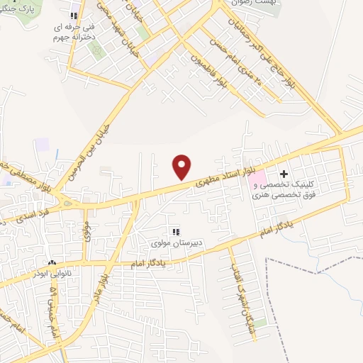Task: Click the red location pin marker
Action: [x=182, y=167]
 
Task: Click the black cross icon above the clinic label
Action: [x=284, y=173]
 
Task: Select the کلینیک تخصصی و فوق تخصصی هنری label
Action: [x=287, y=189]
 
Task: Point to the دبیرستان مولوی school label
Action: [x=175, y=243]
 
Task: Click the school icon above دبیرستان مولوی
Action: [x=175, y=231]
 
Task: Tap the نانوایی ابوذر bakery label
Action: [x=52, y=271]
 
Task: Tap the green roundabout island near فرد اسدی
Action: [x=67, y=203]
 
